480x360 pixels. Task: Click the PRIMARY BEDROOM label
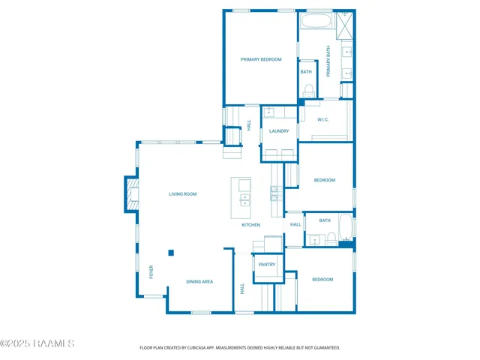(260, 59)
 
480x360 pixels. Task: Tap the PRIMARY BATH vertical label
(328, 61)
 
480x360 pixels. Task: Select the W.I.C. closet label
(323, 120)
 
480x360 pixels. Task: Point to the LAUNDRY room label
(279, 131)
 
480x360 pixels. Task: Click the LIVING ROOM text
(182, 194)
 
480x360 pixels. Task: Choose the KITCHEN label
(250, 225)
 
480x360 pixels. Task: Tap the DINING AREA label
(199, 282)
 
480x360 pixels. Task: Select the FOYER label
(151, 271)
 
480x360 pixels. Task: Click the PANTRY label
(267, 265)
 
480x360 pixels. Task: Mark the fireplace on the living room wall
(130, 194)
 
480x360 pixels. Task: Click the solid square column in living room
(171, 253)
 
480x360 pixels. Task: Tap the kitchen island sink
(244, 199)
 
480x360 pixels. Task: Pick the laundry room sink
(268, 112)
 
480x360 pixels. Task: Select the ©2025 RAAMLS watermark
(37, 343)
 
